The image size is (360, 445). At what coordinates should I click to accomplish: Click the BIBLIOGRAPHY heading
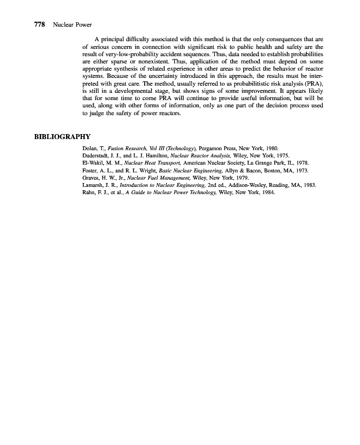pyautogui.click(x=62, y=137)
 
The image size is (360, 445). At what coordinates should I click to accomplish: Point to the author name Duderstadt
pyautogui.click(x=97, y=157)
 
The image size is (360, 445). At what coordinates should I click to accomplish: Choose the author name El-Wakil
pyautogui.click(x=93, y=165)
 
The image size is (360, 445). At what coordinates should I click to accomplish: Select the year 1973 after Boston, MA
pyautogui.click(x=301, y=173)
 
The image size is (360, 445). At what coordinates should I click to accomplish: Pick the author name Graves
pyautogui.click(x=91, y=181)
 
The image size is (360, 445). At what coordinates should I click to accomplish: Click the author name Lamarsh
pyautogui.click(x=93, y=189)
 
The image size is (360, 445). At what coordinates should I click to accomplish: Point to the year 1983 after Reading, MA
pyautogui.click(x=309, y=189)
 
